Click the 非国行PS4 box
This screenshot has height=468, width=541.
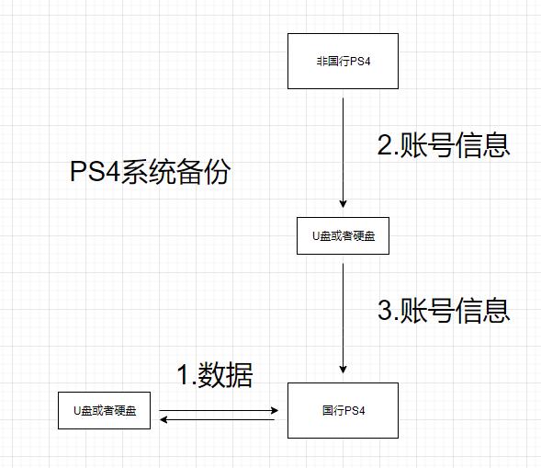click(x=343, y=61)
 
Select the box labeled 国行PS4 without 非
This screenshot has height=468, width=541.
click(x=343, y=410)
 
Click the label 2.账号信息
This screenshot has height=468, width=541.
click(x=443, y=145)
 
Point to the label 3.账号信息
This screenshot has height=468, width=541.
click(x=443, y=309)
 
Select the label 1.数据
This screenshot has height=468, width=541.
click(x=214, y=375)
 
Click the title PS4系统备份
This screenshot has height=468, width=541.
click(x=151, y=172)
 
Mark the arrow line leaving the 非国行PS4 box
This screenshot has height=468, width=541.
click(x=343, y=147)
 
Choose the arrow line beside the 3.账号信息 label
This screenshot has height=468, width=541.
click(x=343, y=313)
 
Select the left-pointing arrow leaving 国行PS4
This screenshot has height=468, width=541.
click(x=220, y=420)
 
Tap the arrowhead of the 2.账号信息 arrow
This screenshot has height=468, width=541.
click(x=343, y=205)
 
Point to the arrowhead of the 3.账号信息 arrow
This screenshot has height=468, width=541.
click(x=343, y=369)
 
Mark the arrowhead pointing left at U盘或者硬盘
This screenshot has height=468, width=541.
click(x=164, y=420)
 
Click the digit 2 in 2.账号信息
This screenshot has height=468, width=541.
click(x=386, y=145)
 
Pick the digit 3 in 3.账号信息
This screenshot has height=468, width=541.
click(x=386, y=309)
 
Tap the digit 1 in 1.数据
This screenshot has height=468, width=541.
click(x=183, y=375)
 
